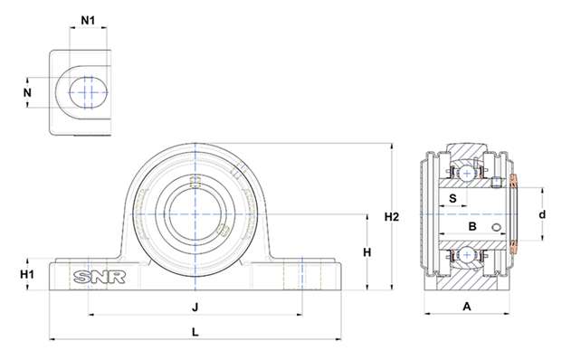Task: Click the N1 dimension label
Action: (x=88, y=21)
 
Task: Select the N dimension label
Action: (x=27, y=93)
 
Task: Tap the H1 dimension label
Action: (x=27, y=274)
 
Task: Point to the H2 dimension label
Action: (x=392, y=217)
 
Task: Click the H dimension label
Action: (x=367, y=251)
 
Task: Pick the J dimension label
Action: (x=195, y=308)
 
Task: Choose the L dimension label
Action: (x=195, y=332)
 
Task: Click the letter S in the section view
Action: (x=452, y=198)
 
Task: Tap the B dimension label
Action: (x=472, y=226)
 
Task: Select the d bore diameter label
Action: (x=542, y=214)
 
